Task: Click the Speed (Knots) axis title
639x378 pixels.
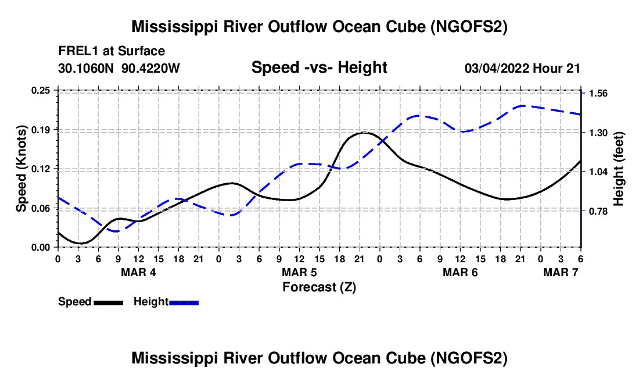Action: pos(21,168)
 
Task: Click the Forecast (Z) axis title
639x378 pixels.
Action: pos(319,287)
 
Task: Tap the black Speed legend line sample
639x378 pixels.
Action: pos(108,302)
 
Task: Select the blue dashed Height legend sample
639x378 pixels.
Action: pos(184,302)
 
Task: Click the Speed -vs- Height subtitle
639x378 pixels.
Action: pos(319,68)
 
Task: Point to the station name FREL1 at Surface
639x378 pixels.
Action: pos(112,52)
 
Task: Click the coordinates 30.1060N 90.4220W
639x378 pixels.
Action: pos(119,68)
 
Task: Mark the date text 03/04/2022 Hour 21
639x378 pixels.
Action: pos(522,68)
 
